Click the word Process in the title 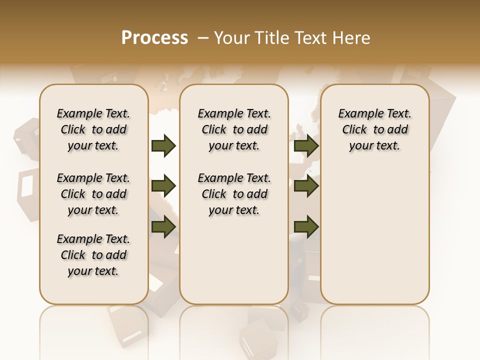(154, 37)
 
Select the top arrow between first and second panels (163, 145)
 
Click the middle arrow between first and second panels (163, 186)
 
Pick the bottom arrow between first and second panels (163, 226)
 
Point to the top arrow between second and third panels (306, 145)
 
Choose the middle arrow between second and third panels (306, 186)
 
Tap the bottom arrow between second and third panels (306, 226)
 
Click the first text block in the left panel (93, 129)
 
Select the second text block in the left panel (93, 194)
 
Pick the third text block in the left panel (93, 255)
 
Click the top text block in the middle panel (234, 129)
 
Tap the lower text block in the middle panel (234, 194)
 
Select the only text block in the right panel (374, 129)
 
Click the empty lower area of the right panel (374, 235)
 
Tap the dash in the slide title (203, 37)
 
